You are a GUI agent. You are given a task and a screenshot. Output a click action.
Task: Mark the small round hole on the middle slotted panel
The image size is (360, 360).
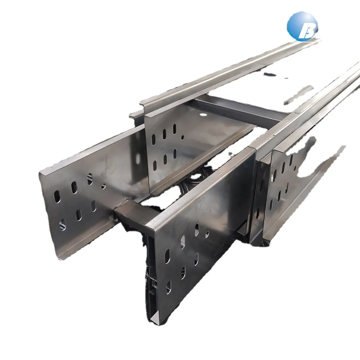tap(183, 137)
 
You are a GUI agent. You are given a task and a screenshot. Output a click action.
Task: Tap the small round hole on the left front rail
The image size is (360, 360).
tap(104, 186)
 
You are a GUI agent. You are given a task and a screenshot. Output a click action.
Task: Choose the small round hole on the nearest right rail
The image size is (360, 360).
tap(207, 234)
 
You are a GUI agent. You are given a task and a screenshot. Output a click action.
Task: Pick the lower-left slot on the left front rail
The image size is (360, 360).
tap(62, 225)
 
